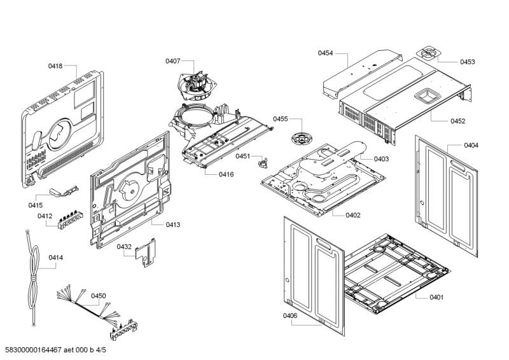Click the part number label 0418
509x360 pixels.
point(55,66)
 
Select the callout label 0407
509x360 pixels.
point(172,61)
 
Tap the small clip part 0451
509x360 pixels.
point(261,162)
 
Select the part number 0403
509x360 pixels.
point(381,158)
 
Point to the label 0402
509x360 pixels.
point(353,215)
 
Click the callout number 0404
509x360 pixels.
point(471,146)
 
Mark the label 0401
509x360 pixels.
point(436,297)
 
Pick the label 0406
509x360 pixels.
point(290,316)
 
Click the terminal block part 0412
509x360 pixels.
point(66,221)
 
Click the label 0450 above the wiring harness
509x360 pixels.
point(99,296)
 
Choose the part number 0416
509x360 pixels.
point(227,174)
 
